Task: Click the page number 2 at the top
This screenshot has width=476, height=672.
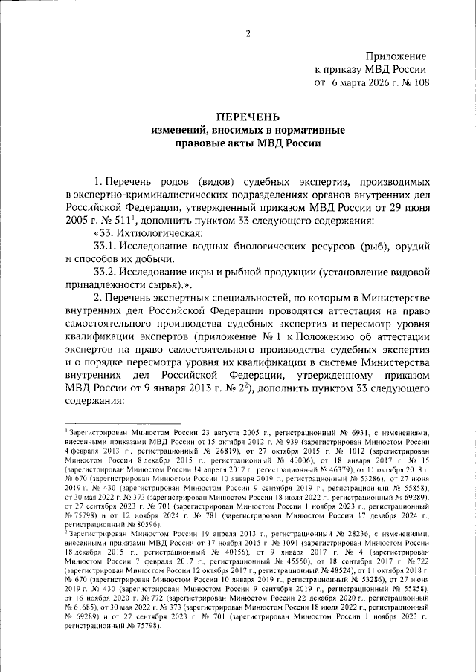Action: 248,33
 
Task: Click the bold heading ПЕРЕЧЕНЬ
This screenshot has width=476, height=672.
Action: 248,117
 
